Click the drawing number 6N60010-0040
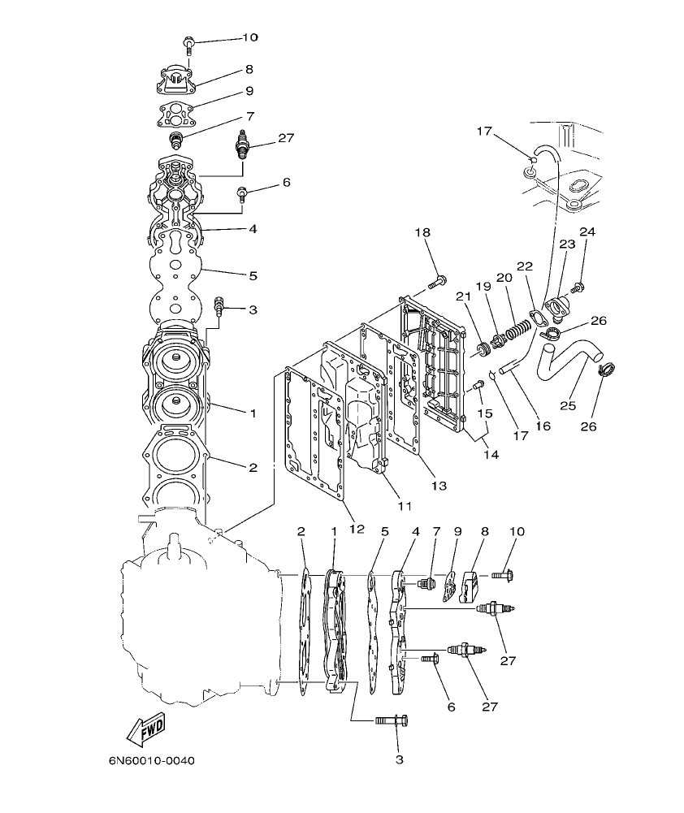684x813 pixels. (x=152, y=762)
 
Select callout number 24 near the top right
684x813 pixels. (x=587, y=232)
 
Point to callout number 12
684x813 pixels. (x=357, y=529)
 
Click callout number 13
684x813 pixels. (x=439, y=486)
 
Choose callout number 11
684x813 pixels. (x=405, y=504)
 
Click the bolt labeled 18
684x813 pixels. (x=436, y=283)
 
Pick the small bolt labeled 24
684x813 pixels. (x=578, y=287)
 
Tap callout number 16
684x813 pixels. (x=542, y=425)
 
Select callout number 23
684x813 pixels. (x=566, y=244)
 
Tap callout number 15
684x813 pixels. (x=485, y=413)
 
